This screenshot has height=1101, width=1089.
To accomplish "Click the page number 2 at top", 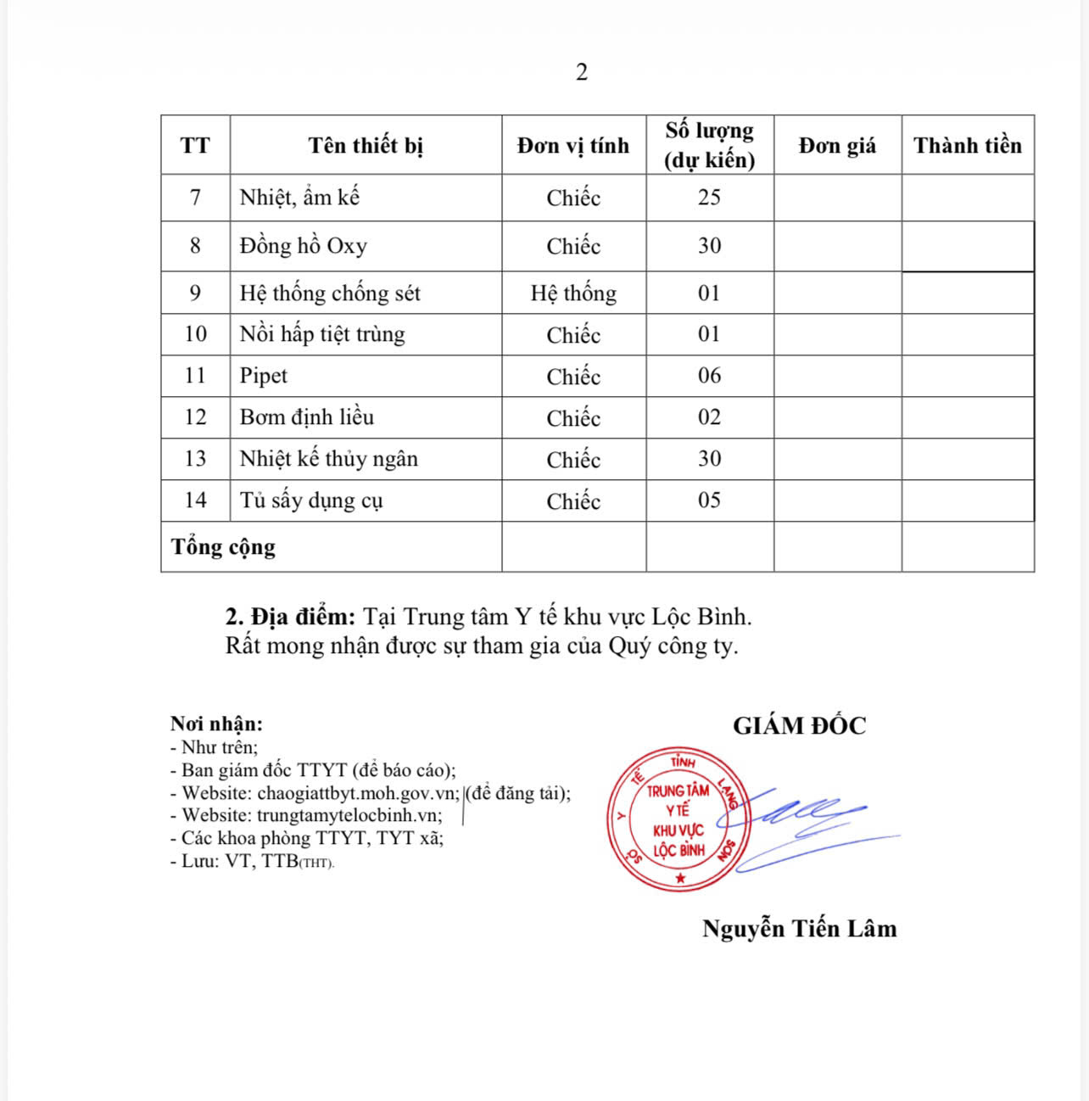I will pos(581,73).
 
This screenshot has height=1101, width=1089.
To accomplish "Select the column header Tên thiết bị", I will pos(366,145).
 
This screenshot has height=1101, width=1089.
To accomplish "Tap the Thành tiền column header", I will pos(967,145).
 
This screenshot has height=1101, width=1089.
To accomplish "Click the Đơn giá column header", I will pos(837,145).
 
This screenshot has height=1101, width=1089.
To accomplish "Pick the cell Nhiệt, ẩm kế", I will pos(299,198).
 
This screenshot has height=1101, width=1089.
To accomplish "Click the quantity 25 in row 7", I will pos(709,198).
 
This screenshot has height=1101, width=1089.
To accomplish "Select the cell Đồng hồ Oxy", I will pos(304,246).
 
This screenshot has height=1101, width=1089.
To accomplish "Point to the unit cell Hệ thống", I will pos(573,293).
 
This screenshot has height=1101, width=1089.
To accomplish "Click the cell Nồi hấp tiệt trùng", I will pos(322,334).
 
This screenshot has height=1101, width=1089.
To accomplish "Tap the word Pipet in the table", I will pos(264,376).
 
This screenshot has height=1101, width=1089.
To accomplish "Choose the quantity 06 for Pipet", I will pos(709,376).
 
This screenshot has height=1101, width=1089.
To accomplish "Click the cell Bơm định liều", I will pos(306,417).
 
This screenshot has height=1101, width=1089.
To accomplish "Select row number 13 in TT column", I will pos(195,459).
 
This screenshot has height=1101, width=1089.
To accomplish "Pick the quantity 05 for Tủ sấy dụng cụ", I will pos(709,500).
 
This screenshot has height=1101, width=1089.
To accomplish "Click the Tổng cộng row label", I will pos(223,547).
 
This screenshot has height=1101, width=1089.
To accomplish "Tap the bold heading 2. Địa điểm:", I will pos(290,617).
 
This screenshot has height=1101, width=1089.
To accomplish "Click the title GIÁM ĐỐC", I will pos(799,726).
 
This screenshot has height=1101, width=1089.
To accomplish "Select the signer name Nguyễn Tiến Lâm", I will pos(799,929).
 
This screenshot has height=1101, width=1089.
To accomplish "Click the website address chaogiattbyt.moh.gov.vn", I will pos(358,793).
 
